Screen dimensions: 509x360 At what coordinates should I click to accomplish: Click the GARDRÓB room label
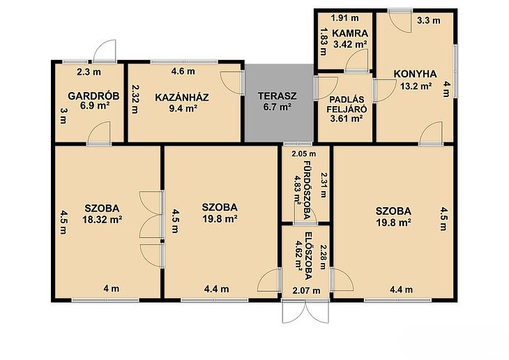click(93, 96)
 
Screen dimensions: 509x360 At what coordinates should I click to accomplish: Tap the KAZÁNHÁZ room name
click(182, 97)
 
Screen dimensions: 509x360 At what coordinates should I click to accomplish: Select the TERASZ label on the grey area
click(278, 96)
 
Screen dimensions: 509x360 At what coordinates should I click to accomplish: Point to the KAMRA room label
click(350, 33)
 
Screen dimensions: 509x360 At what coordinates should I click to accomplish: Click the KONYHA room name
click(415, 74)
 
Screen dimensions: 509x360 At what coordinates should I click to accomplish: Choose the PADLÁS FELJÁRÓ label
click(347, 104)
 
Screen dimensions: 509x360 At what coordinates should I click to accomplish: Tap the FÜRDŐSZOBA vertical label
click(307, 190)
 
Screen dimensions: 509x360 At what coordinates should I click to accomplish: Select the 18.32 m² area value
click(102, 220)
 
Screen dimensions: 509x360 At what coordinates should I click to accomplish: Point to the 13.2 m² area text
click(416, 86)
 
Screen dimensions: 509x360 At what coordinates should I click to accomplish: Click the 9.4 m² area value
click(183, 108)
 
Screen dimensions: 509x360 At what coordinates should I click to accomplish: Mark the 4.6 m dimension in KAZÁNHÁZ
click(183, 71)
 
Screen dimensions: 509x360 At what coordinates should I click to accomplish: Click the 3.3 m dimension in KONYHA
click(429, 20)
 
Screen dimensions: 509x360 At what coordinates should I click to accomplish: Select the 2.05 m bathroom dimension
click(303, 153)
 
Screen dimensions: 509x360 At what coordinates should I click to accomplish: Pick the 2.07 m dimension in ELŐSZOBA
click(306, 290)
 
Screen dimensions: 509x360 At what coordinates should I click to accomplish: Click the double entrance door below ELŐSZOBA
click(305, 311)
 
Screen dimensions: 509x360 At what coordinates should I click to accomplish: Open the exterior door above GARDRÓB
click(105, 50)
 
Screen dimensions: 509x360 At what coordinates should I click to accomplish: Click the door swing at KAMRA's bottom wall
click(357, 61)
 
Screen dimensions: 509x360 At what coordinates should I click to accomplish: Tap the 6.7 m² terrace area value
click(277, 107)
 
